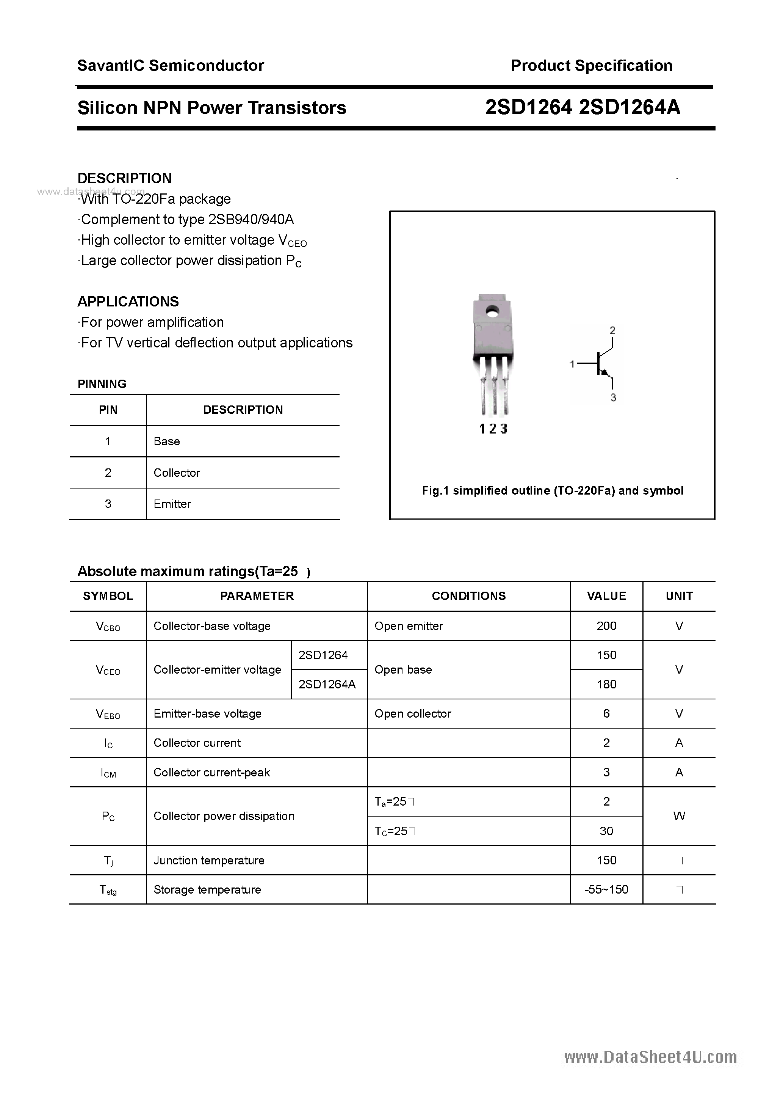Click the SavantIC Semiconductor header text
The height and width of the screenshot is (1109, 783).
point(171,66)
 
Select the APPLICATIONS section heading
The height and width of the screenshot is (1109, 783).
point(128,302)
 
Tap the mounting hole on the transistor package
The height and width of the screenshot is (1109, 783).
point(492,311)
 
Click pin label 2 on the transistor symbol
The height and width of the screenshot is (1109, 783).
point(612,330)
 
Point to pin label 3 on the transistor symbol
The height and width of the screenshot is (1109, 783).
point(613,397)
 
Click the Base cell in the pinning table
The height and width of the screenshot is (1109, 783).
point(166,441)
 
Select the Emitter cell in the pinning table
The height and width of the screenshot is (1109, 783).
point(172,504)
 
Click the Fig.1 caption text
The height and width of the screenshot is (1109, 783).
point(552,491)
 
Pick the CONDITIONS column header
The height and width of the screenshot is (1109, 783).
point(468,596)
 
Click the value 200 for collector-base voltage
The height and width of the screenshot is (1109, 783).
point(606,626)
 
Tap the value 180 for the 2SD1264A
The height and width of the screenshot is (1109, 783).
point(606,685)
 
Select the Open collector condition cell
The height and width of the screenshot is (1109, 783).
point(412,714)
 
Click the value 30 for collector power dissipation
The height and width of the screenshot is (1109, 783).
point(606,831)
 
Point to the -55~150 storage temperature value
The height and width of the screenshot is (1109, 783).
point(606,889)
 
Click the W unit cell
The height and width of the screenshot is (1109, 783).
point(679,816)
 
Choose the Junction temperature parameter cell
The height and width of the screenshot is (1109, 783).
point(208,860)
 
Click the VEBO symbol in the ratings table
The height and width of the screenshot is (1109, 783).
point(108,714)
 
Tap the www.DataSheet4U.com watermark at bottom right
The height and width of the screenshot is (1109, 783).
point(650,1057)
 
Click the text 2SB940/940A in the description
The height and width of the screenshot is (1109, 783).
point(251,220)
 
